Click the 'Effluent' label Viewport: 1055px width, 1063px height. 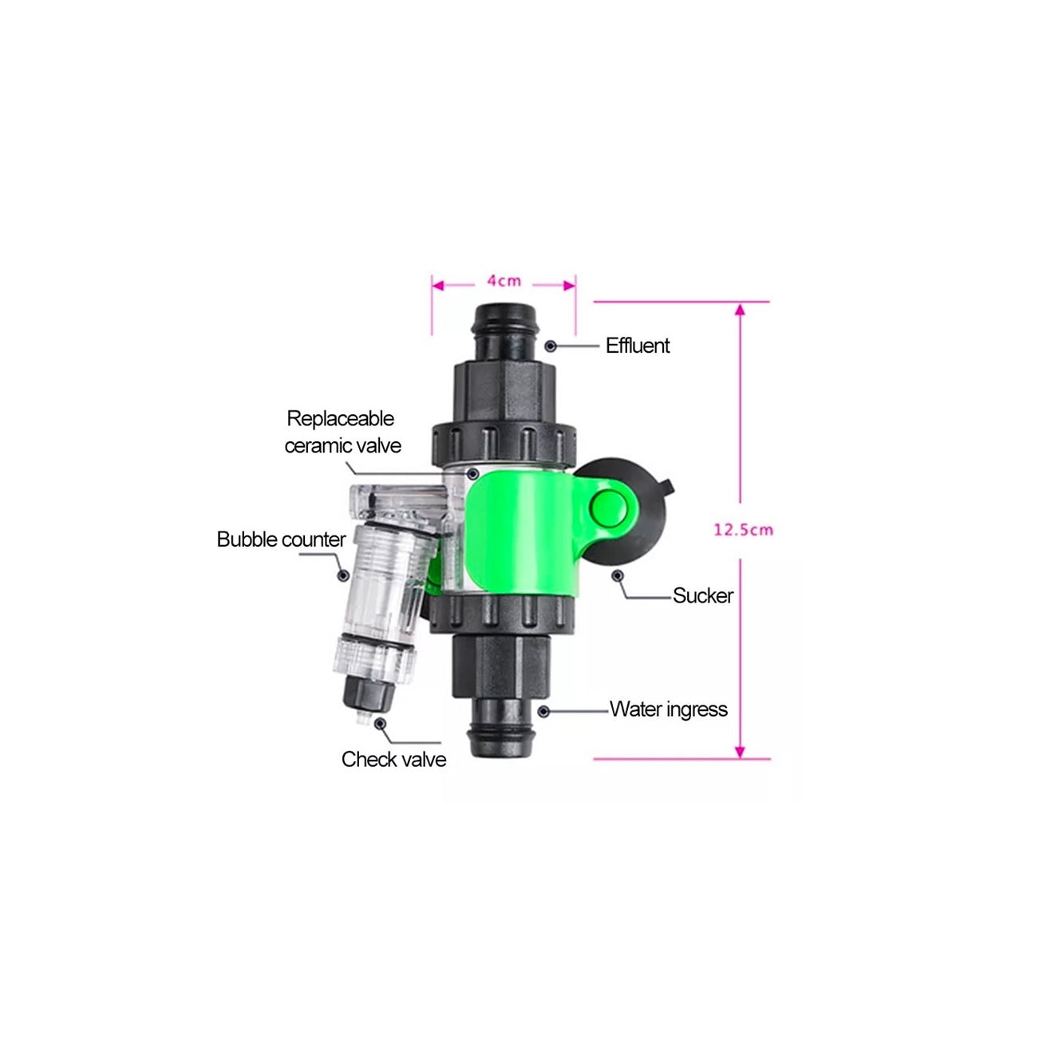[638, 346]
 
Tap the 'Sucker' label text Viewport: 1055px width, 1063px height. [702, 596]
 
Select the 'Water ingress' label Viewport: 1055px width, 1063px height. [668, 709]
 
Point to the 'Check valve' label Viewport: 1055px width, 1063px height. [393, 759]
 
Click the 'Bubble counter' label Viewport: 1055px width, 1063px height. [282, 539]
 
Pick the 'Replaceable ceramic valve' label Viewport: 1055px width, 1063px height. [342, 432]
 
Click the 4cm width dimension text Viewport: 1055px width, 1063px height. [504, 282]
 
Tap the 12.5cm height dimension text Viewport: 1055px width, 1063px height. [743, 530]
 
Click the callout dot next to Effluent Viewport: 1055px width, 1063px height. [550, 346]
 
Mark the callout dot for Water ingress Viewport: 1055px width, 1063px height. [543, 712]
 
